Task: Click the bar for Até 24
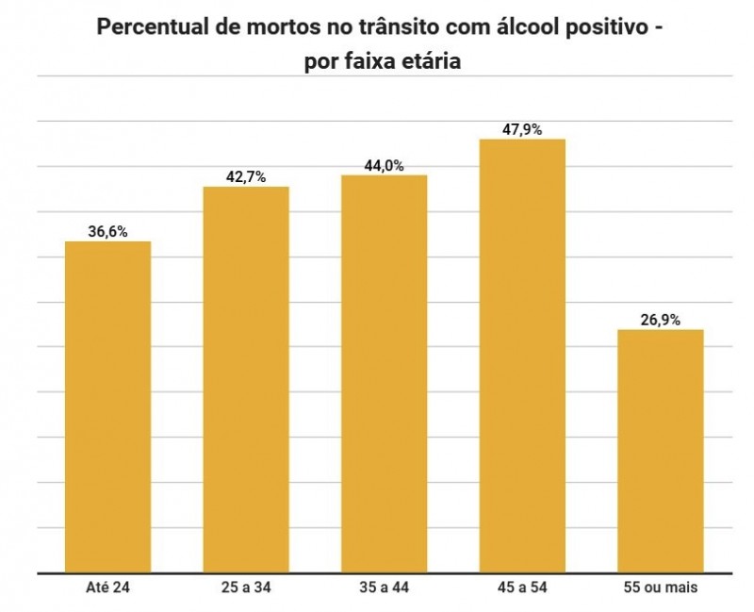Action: coord(107,406)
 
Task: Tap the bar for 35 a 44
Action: coord(384,373)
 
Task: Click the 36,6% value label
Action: coord(107,231)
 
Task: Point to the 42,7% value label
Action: coord(246,176)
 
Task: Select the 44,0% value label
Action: coord(384,165)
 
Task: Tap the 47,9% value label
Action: coord(522,129)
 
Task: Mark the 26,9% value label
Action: coord(661,320)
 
